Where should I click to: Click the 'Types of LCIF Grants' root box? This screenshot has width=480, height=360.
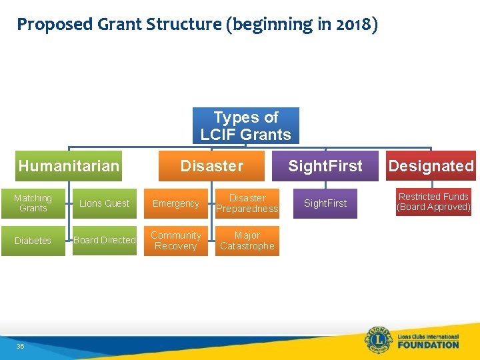(245, 125)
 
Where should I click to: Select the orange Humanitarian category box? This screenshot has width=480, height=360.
(69, 166)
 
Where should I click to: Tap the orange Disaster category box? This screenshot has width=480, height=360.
(211, 166)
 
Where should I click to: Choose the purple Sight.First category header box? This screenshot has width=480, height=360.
(325, 166)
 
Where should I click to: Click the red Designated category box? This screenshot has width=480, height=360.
(431, 166)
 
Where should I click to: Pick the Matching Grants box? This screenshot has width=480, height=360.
(33, 203)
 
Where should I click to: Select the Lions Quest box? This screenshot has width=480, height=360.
(104, 203)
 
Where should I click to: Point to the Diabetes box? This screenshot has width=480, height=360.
(33, 241)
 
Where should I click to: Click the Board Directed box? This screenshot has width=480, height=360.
(104, 241)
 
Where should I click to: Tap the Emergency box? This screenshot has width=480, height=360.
(176, 203)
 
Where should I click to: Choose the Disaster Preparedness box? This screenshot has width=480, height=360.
(247, 203)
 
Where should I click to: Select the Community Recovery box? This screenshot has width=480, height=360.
(176, 241)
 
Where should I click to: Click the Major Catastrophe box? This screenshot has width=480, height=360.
(247, 241)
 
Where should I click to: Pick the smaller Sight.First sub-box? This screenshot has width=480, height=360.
(325, 203)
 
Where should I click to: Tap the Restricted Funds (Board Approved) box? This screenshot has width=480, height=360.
(433, 202)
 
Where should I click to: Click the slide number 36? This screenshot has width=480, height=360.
(20, 346)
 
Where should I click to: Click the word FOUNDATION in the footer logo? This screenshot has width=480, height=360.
(428, 345)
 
